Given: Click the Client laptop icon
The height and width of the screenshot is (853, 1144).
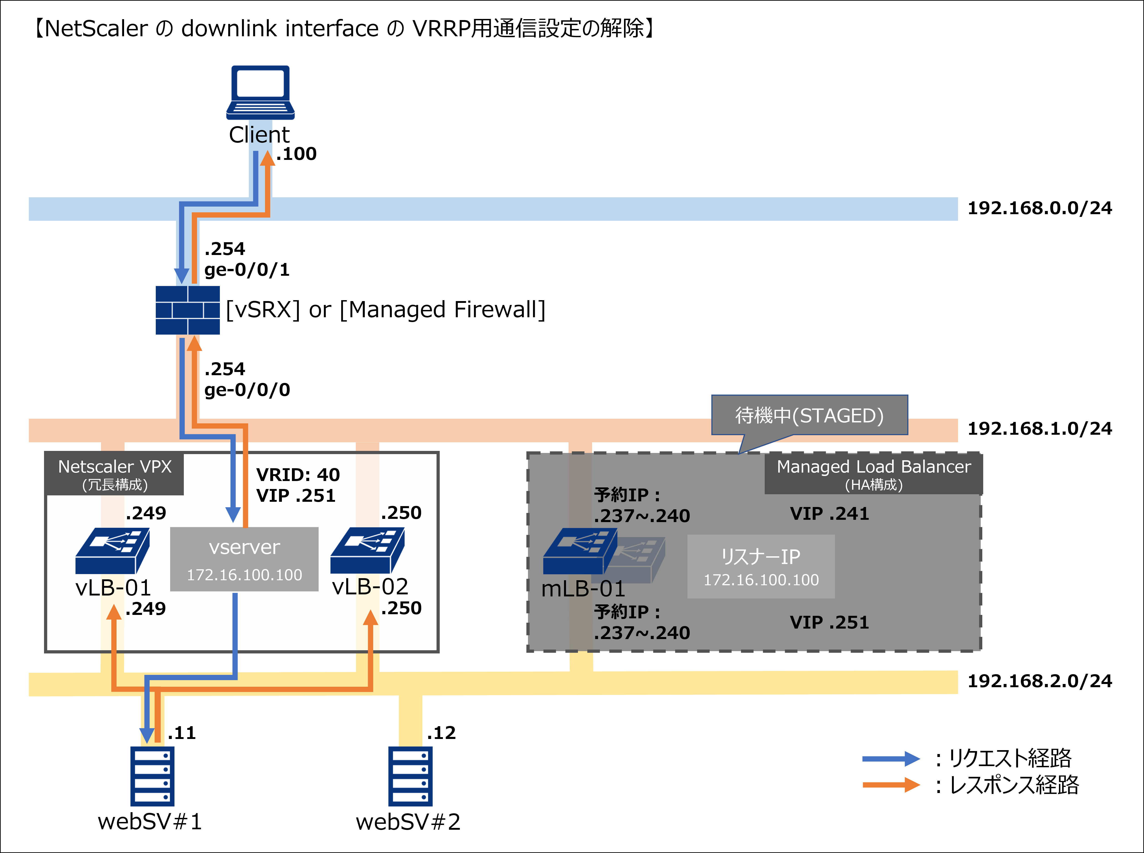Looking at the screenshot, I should pyautogui.click(x=260, y=92).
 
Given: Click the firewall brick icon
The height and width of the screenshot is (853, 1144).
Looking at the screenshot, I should pyautogui.click(x=187, y=310).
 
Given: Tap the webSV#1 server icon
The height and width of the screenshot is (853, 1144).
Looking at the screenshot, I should pyautogui.click(x=152, y=776).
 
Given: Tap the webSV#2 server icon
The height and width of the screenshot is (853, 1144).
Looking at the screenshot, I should pyautogui.click(x=411, y=776).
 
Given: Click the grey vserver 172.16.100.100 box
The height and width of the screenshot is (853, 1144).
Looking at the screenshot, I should pyautogui.click(x=244, y=559).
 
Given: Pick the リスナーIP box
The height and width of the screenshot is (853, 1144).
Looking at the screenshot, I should pyautogui.click(x=761, y=567).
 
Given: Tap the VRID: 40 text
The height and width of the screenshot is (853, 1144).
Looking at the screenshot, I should pyautogui.click(x=298, y=475).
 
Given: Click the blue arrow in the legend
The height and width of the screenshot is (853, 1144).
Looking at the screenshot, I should pyautogui.click(x=891, y=759).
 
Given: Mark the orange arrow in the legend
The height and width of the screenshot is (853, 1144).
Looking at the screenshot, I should pyautogui.click(x=891, y=785).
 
